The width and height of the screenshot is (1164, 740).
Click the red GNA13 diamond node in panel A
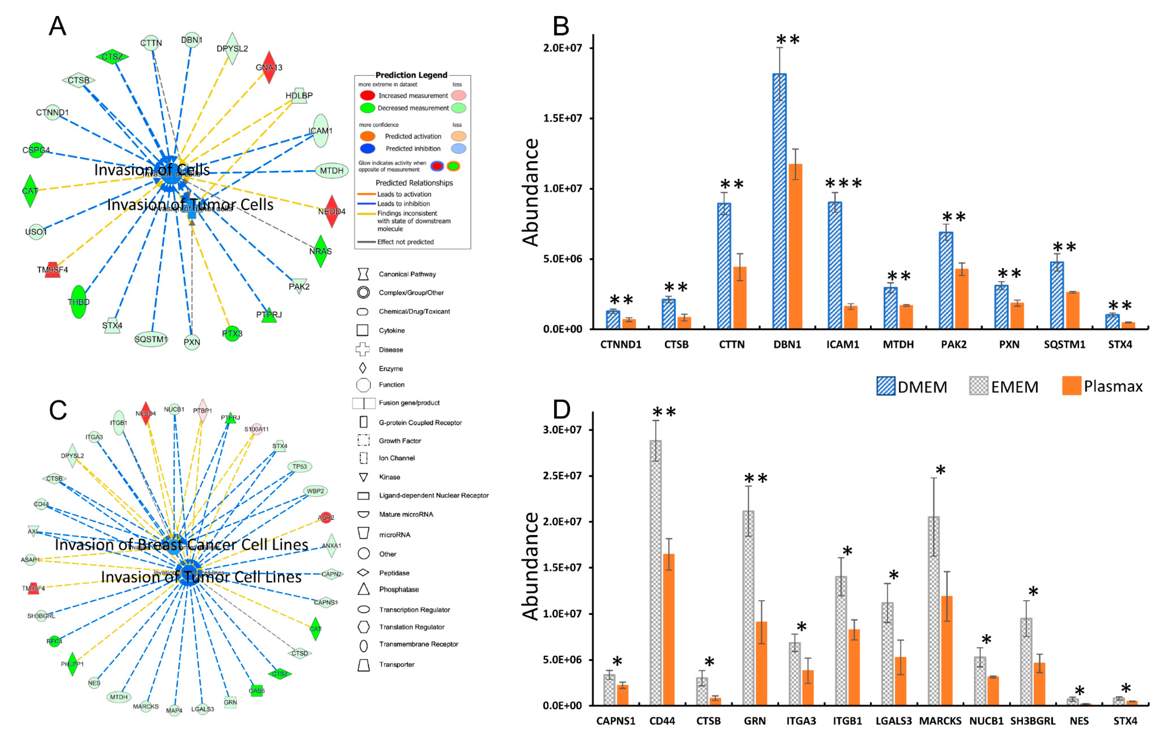click(269, 67)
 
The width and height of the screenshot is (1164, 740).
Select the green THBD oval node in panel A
click(78, 302)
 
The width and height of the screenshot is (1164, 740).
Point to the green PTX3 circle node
click(232, 333)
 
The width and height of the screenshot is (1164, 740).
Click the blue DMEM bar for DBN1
click(779, 203)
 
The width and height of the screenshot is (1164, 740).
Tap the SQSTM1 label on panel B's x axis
click(1064, 344)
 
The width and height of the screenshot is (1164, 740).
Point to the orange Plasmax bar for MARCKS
click(946, 650)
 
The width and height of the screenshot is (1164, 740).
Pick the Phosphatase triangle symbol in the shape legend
click(363, 589)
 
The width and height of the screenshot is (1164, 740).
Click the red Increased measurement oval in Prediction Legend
click(368, 95)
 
